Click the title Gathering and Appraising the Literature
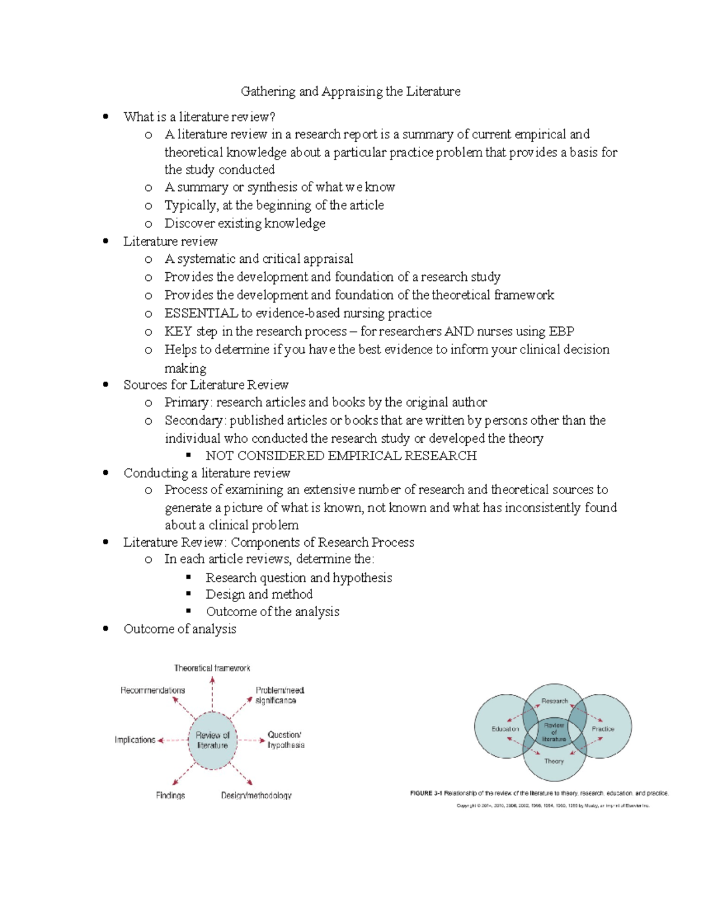(x=350, y=92)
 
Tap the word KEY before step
(x=178, y=332)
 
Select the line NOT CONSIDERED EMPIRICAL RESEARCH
(x=341, y=456)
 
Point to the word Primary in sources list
(x=186, y=402)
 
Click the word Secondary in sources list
(x=194, y=421)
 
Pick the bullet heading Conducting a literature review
(x=207, y=473)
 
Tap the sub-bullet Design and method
(x=259, y=595)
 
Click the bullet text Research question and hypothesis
(x=299, y=578)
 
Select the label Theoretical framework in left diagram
(x=212, y=668)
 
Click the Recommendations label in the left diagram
(x=152, y=690)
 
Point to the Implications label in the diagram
(x=135, y=740)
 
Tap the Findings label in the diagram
(x=171, y=795)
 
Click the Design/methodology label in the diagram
(x=256, y=795)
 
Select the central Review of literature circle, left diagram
(x=213, y=740)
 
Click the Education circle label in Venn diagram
(x=505, y=729)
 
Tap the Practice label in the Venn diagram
(x=603, y=729)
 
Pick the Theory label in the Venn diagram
(x=554, y=761)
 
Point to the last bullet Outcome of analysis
(x=180, y=630)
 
